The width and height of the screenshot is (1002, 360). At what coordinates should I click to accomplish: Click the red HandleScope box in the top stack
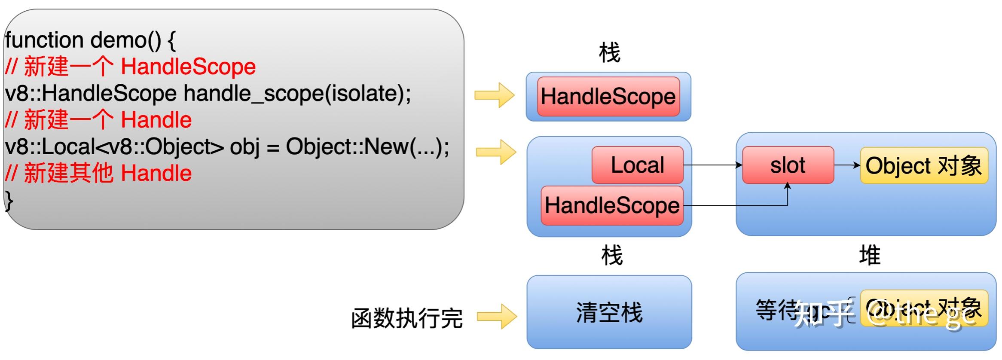click(608, 96)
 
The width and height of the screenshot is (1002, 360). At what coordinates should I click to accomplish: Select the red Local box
click(637, 165)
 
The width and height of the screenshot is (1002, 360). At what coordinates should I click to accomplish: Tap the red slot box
click(788, 165)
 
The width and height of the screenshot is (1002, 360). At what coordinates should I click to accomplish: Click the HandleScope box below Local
click(612, 205)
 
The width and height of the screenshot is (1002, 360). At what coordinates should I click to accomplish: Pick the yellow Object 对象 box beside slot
click(924, 165)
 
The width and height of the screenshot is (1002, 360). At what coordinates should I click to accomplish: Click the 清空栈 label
click(609, 312)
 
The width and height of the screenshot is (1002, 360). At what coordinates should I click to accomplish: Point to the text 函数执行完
click(406, 318)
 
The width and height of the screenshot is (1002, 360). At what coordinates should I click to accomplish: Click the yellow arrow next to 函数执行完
click(497, 317)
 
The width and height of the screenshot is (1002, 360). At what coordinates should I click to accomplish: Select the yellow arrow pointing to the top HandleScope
click(494, 95)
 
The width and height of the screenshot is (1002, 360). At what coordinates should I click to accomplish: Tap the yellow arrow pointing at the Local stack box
click(496, 152)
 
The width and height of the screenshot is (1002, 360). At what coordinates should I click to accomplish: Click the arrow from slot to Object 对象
click(847, 165)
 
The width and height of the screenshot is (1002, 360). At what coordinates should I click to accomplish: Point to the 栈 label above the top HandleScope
click(609, 53)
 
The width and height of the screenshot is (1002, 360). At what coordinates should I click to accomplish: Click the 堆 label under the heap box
click(869, 256)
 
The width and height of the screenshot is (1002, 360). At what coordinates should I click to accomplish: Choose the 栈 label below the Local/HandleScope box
click(611, 256)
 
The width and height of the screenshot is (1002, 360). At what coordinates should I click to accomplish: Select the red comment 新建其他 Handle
click(107, 173)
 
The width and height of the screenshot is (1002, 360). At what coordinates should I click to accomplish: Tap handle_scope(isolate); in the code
click(297, 93)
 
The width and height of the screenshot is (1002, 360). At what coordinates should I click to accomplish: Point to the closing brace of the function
click(9, 200)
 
